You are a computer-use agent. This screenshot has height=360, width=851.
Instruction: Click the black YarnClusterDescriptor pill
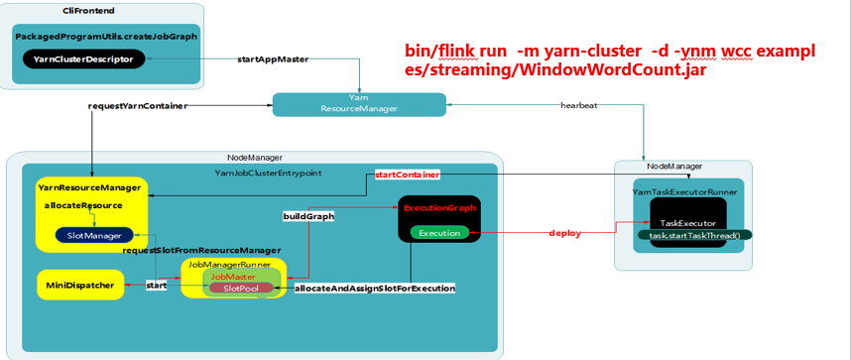(x=83, y=60)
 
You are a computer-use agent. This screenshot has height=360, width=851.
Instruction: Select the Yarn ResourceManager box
(x=358, y=103)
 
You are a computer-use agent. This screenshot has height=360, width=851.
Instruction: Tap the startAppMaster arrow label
(x=274, y=60)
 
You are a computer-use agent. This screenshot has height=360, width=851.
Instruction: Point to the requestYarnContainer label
(x=137, y=105)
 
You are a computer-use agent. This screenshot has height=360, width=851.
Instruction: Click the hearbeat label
(x=578, y=105)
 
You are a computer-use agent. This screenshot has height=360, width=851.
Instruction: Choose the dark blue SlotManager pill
(x=95, y=235)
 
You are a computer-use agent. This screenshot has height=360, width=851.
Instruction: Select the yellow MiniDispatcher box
(x=73, y=286)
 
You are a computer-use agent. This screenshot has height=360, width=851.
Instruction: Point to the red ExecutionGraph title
(x=439, y=208)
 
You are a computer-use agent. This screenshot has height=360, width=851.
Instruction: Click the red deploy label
(x=564, y=233)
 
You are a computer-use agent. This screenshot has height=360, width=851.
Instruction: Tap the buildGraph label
(x=307, y=215)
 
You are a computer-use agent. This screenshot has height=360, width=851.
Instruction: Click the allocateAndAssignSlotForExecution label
(x=375, y=289)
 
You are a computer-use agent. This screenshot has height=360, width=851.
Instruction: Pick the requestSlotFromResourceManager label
(x=201, y=250)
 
